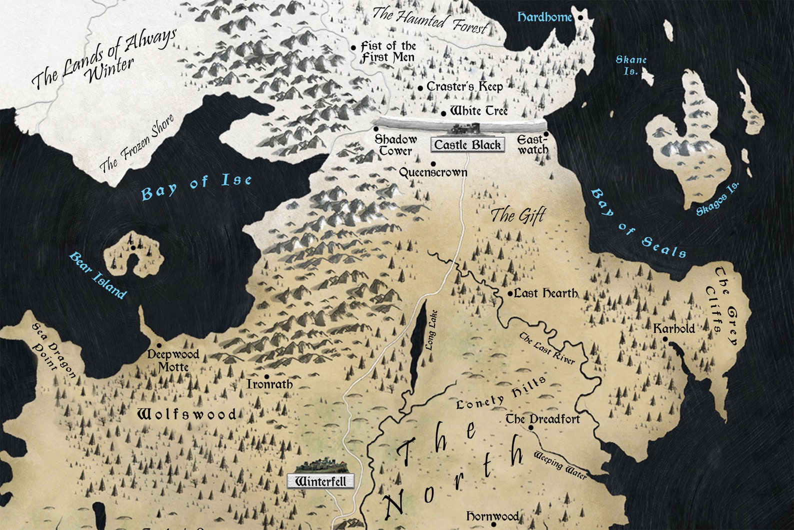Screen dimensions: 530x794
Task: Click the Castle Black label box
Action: (467, 145)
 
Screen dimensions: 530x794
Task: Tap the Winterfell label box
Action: (320, 481)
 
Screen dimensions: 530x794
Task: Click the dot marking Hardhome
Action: (580, 18)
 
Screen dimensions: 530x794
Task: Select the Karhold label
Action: (673, 328)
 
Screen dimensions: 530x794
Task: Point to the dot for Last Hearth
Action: (510, 294)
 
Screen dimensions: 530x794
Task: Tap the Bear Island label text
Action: (98, 275)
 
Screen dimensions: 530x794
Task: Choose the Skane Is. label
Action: (631, 65)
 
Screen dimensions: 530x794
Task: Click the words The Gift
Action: (517, 216)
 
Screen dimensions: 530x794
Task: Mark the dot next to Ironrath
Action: (266, 377)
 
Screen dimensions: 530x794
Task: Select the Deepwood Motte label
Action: (173, 360)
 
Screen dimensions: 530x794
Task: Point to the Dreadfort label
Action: (542, 419)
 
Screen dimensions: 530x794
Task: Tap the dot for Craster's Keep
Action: (420, 88)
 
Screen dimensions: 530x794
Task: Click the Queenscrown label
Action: (433, 172)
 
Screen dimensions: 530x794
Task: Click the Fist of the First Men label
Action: (388, 52)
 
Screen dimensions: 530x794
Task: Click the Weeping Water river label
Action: (559, 465)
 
